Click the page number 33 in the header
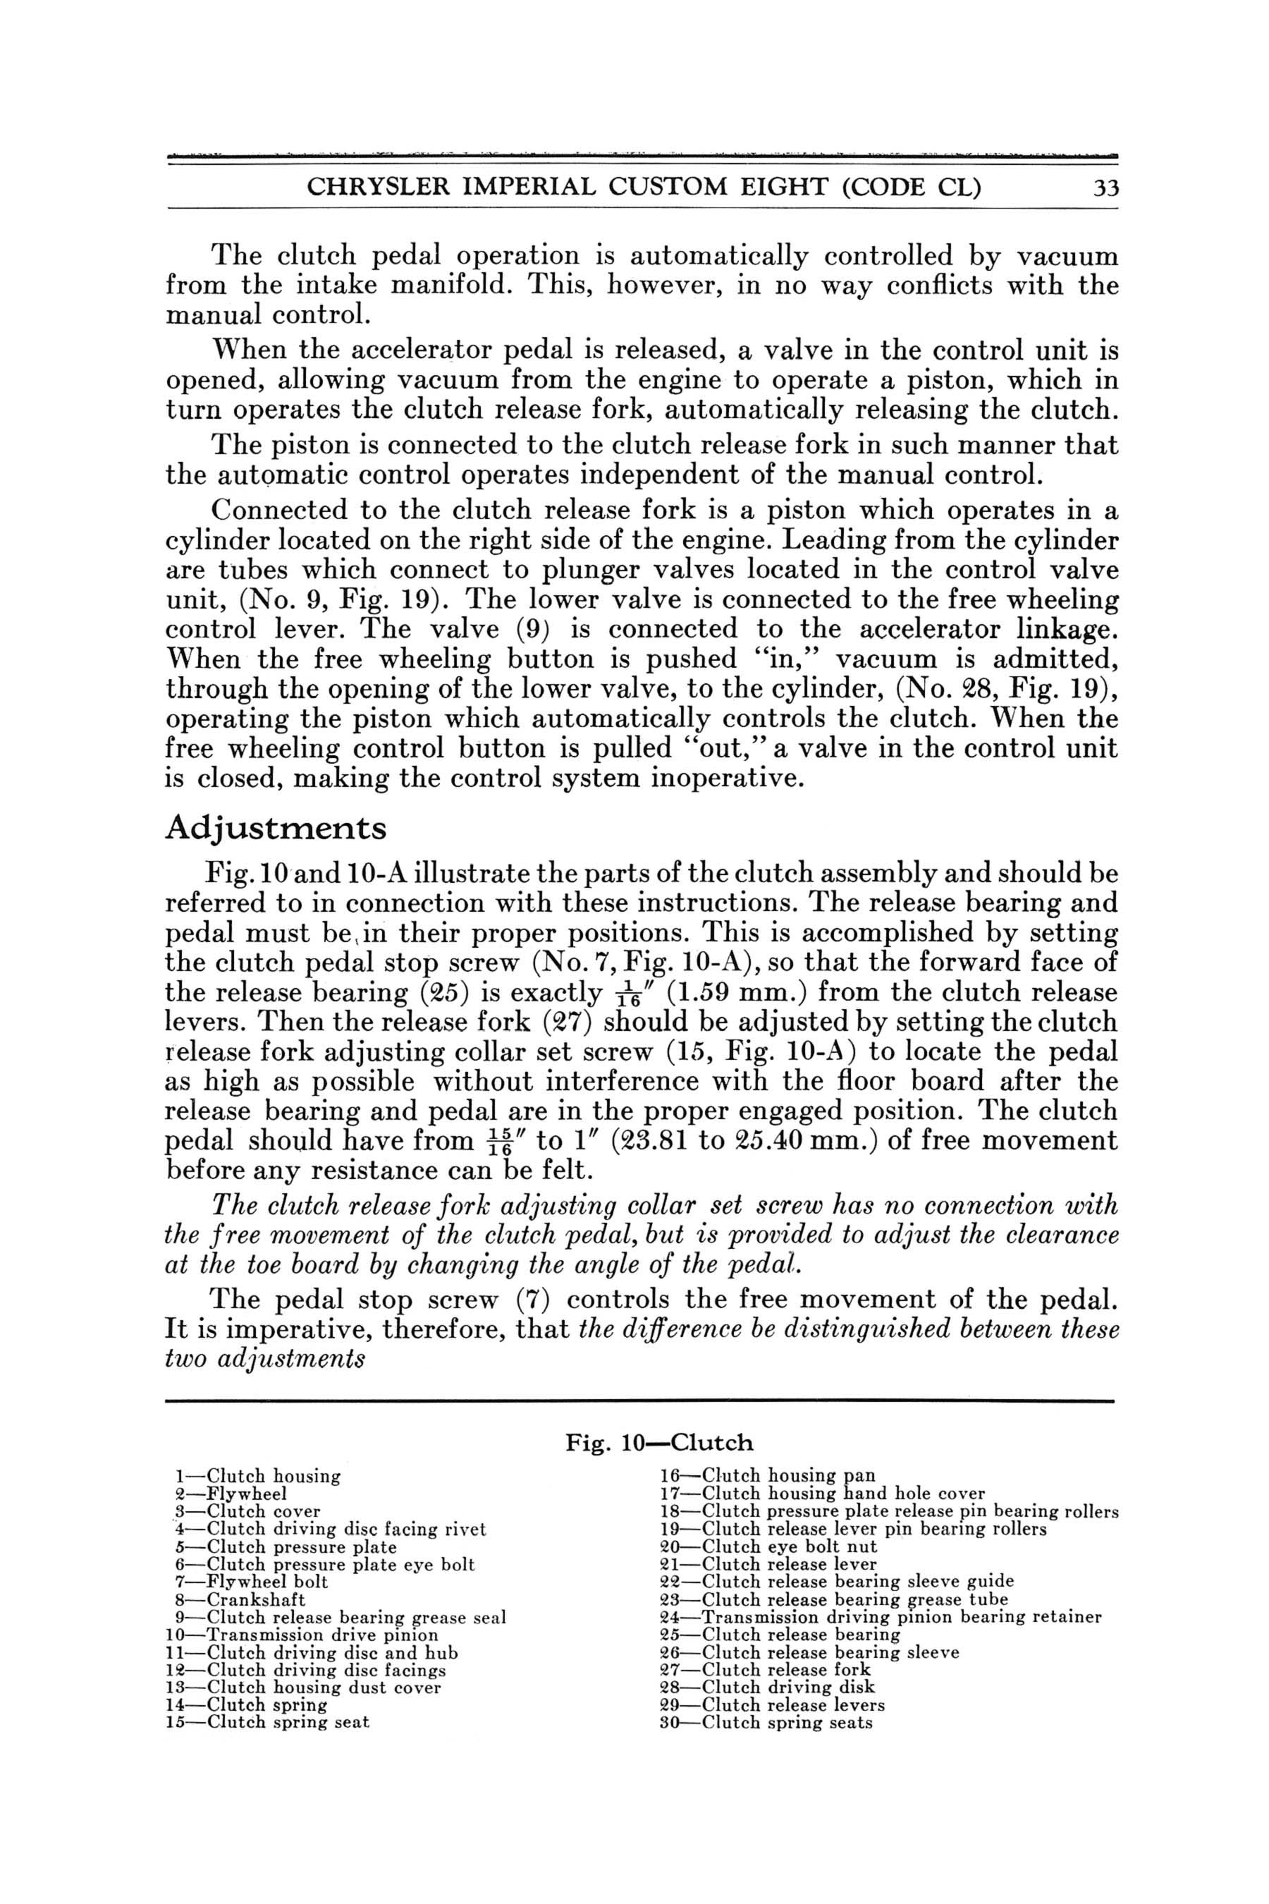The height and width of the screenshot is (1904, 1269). [1105, 188]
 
